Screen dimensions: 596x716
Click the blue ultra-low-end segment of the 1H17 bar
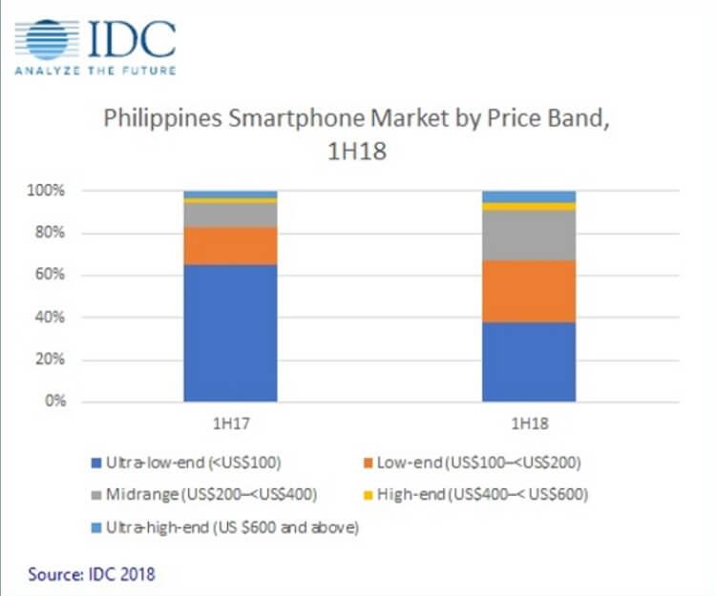230,333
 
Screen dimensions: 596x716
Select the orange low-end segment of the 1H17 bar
230,245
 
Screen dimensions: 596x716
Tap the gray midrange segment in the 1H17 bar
230,215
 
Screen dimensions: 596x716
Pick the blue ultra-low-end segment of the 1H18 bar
528,361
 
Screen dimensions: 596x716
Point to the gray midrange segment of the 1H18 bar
528,235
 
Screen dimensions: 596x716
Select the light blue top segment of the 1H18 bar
528,196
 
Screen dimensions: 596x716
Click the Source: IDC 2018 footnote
92,574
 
